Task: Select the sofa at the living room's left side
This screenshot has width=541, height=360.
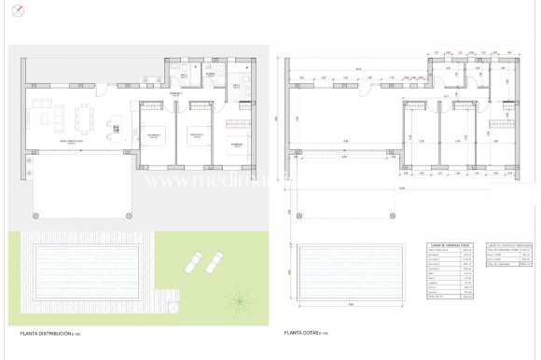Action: [x=39, y=118]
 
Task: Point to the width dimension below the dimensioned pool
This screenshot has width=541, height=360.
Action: [x=351, y=304]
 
